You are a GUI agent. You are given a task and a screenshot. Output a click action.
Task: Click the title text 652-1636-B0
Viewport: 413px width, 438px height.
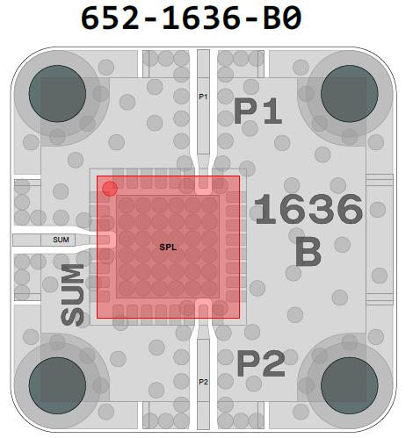[x=191, y=18]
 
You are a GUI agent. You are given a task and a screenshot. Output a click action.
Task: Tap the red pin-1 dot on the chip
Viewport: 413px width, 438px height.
[x=110, y=189]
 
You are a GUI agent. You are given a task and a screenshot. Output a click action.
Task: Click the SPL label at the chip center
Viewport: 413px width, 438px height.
[x=168, y=248]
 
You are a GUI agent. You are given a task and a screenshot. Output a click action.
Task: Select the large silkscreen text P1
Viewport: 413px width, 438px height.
[x=257, y=111]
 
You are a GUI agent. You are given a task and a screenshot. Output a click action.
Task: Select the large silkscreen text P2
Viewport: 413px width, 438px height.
[x=261, y=363]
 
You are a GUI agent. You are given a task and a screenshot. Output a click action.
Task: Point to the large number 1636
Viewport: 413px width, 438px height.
[x=308, y=209]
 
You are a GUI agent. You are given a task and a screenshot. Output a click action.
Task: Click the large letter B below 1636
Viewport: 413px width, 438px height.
[x=308, y=251]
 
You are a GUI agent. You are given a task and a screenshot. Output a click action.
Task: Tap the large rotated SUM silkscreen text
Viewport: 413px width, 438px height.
[x=72, y=295]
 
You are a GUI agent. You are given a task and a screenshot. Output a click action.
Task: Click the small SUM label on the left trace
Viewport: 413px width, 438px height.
[x=61, y=240]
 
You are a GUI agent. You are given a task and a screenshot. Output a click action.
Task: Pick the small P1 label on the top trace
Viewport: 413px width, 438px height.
[x=203, y=97]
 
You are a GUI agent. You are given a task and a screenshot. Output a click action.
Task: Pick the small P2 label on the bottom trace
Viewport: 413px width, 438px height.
[x=203, y=382]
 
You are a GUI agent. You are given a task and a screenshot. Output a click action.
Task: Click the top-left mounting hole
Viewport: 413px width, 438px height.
[x=57, y=93]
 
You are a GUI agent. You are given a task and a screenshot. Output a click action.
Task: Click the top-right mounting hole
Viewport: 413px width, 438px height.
[x=350, y=93]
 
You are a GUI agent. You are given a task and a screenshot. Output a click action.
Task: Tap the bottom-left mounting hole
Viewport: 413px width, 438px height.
[x=57, y=385]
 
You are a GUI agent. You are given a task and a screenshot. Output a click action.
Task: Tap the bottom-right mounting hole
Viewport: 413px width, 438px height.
[x=350, y=385]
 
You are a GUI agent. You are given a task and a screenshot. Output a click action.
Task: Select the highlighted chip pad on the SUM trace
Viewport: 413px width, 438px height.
[x=106, y=241]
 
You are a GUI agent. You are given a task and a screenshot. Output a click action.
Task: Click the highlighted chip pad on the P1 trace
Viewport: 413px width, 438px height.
[x=203, y=185]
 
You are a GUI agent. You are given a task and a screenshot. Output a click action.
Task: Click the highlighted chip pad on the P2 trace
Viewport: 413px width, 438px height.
[x=203, y=308]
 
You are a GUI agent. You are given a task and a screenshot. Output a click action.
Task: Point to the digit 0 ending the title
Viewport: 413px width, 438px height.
[x=292, y=18]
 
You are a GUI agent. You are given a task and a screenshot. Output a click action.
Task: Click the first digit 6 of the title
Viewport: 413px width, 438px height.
[x=91, y=18]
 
